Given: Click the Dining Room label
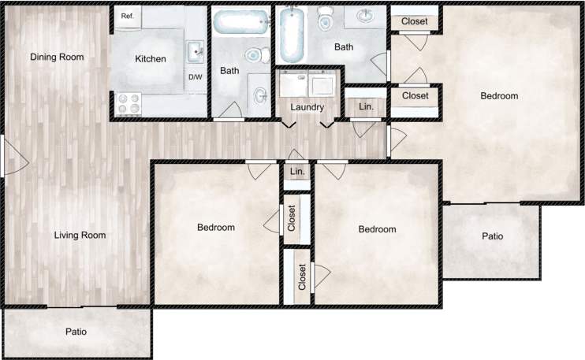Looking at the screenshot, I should [57, 57].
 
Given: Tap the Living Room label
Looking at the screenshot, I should [80, 235].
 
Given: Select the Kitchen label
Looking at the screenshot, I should [151, 59].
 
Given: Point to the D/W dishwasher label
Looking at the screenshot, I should [195, 77].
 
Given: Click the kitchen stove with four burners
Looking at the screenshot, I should [129, 103].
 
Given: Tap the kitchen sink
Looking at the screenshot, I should [195, 52].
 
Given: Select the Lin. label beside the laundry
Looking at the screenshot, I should [366, 106].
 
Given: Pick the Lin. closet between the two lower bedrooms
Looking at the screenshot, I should [298, 172].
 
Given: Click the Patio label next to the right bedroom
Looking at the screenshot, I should [492, 236].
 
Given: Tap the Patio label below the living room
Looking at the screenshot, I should [76, 332].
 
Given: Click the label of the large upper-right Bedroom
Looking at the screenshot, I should [499, 96].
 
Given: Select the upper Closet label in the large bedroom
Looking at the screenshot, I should [415, 21].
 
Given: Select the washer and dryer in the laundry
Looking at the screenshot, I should [308, 82].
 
